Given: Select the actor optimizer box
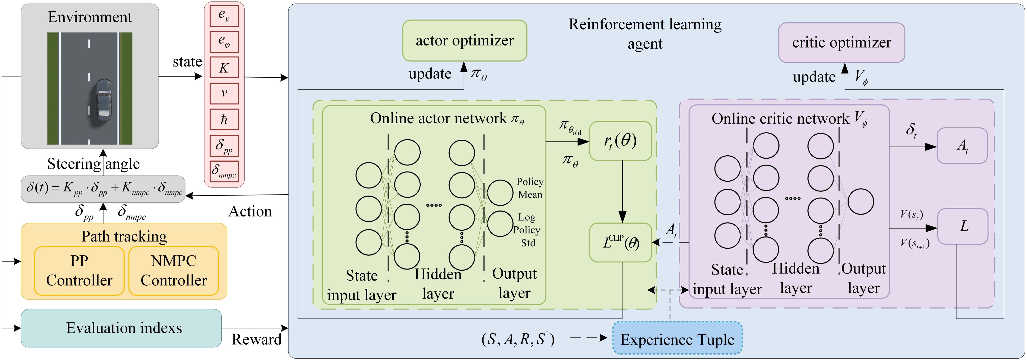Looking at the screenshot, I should pyautogui.click(x=464, y=41).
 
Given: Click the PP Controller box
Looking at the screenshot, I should pyautogui.click(x=79, y=271).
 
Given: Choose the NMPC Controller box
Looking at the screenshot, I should pyautogui.click(x=173, y=271).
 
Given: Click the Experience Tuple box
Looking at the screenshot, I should pyautogui.click(x=677, y=339).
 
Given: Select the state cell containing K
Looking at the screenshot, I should pyautogui.click(x=224, y=68).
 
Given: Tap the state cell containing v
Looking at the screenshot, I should pyautogui.click(x=224, y=93).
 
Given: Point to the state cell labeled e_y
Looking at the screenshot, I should pyautogui.click(x=224, y=16).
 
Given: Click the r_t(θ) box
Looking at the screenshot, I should pyautogui.click(x=620, y=141).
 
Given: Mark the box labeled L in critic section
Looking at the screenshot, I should pyautogui.click(x=962, y=226).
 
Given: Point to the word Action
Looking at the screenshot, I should pyautogui.click(x=250, y=211).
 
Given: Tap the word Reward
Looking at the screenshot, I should pyautogui.click(x=256, y=339).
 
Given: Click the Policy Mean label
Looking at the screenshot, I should pyautogui.click(x=530, y=188).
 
